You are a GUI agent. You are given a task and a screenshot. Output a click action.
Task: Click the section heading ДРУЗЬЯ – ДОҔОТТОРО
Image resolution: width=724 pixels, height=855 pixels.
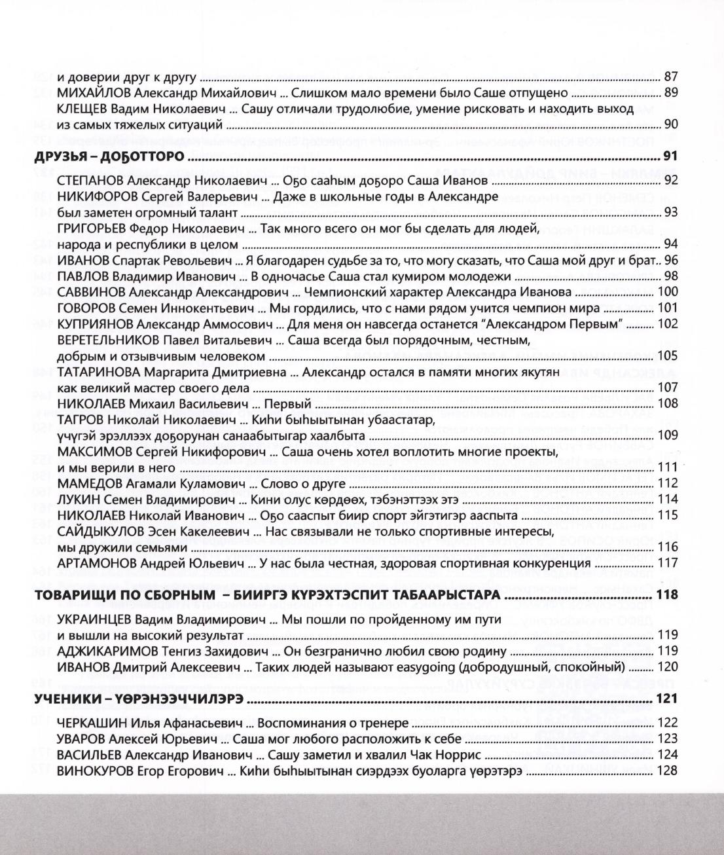pyautogui.click(x=108, y=157)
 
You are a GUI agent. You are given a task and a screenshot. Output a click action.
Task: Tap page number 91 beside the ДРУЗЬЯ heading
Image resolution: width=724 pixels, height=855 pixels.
pyautogui.click(x=670, y=156)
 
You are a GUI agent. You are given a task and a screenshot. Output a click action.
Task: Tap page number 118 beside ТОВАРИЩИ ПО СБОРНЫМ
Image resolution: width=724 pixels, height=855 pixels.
pyautogui.click(x=666, y=595)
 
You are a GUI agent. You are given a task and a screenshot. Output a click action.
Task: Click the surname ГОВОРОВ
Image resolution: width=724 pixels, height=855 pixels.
pyautogui.click(x=85, y=308)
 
